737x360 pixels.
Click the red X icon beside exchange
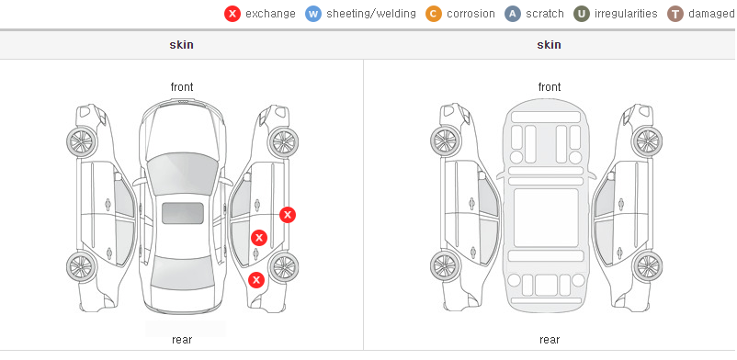232,14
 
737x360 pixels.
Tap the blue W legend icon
313,14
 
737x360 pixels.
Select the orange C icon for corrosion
434,14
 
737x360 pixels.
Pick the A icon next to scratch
513,14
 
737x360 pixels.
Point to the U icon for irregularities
582,14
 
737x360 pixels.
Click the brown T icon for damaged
675,14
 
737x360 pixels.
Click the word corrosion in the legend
471,14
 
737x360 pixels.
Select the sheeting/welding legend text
371,14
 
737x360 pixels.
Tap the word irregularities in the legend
626,14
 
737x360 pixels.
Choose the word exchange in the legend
270,14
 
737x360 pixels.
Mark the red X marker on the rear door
258,238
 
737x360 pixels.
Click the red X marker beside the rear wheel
256,281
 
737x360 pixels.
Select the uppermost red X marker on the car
288,215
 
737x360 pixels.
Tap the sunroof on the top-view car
183,213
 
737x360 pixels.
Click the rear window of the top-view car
182,273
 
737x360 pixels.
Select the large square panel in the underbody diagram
546,218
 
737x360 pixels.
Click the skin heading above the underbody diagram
549,45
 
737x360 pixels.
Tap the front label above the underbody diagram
550,87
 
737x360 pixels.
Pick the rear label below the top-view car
182,340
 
